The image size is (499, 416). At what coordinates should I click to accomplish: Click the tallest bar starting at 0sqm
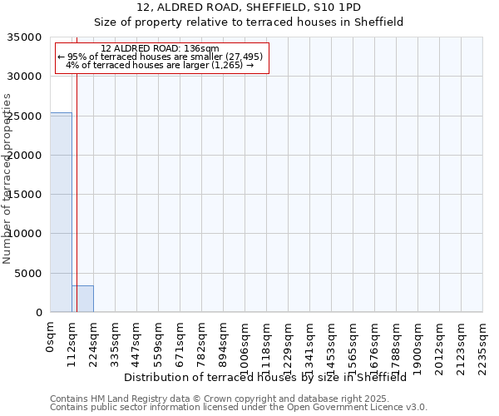pyautogui.click(x=61, y=212)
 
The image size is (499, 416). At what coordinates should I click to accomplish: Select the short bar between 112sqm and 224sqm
pyautogui.click(x=82, y=299)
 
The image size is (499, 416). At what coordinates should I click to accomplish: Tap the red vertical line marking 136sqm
pyautogui.click(x=77, y=166)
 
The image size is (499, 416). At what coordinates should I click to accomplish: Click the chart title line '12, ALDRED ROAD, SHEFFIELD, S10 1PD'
pyautogui.click(x=249, y=7)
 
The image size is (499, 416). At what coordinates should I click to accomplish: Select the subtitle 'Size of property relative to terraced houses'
pyautogui.click(x=249, y=22)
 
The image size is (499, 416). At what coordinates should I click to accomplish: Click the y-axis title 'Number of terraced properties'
pyautogui.click(x=7, y=178)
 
